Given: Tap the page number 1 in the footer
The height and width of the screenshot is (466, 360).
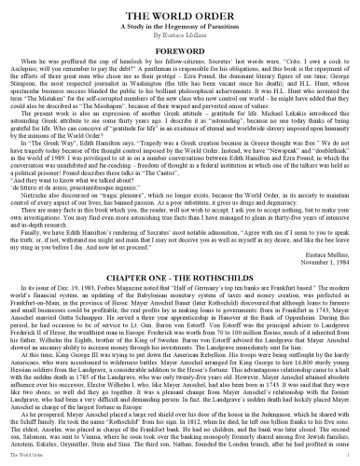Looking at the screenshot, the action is coord(352,460).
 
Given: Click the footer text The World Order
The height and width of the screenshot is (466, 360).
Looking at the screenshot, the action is coord(20,460).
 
